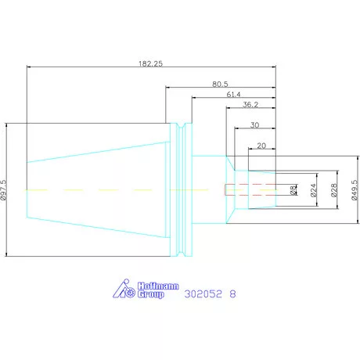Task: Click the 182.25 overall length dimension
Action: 150,63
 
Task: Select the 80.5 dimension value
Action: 220,84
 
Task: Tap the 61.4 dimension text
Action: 233,95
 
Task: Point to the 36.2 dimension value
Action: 250,105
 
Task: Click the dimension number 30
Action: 254,125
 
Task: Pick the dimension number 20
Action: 261,146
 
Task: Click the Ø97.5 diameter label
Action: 4,189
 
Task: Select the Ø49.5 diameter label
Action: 355,189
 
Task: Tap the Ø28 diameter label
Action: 334,189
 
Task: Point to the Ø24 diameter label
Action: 314,190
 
